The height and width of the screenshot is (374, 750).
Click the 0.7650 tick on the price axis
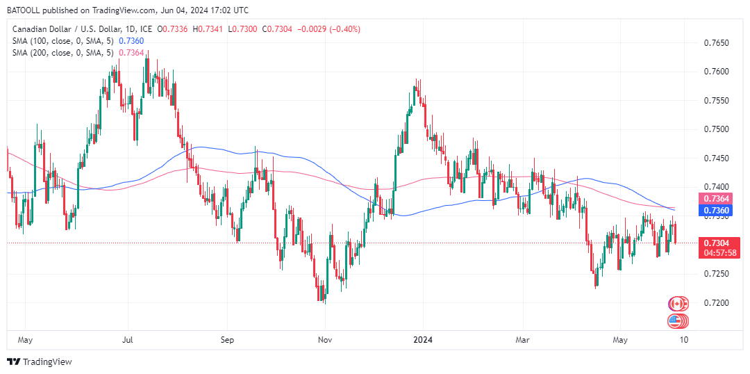click(x=716, y=43)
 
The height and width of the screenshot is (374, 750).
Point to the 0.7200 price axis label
click(x=716, y=303)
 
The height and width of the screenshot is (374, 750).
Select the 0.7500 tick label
click(x=716, y=130)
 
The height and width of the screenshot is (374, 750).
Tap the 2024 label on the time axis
click(x=423, y=340)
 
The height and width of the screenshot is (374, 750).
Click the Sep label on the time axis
click(x=227, y=340)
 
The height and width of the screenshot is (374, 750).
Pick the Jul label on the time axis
click(x=128, y=340)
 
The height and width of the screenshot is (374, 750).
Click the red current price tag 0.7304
click(x=716, y=243)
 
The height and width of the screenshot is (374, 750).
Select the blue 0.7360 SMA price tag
click(x=716, y=211)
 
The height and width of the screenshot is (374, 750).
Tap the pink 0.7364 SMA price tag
click(x=716, y=200)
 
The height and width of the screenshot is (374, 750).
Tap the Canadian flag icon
click(x=677, y=304)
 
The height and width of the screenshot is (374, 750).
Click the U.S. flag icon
click(x=677, y=321)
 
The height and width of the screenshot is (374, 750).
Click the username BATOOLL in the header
click(x=26, y=10)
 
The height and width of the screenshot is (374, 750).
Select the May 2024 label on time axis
click(x=621, y=340)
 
